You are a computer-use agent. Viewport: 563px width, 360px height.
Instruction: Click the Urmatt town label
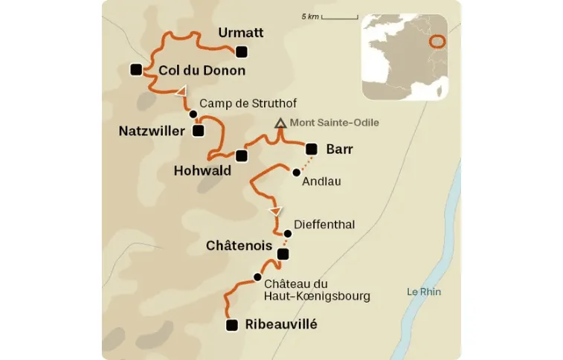coord(241,33)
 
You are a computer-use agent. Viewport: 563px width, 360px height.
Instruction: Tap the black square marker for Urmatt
coord(241,51)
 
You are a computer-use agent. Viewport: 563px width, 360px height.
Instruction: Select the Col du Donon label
coord(202,71)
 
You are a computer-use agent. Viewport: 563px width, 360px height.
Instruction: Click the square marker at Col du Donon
coord(136,69)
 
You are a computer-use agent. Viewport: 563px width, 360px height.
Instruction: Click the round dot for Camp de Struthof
coord(193,114)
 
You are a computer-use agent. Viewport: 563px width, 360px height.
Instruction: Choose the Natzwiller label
coord(151,131)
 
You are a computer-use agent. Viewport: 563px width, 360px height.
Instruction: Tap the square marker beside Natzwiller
coord(198,131)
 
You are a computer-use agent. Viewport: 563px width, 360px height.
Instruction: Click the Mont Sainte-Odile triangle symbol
coord(280,123)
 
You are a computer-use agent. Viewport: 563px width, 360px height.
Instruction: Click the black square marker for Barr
coord(312,149)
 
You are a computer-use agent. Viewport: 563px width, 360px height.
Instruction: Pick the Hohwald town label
coord(202,170)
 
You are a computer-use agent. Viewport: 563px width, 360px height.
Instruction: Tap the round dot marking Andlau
coord(296,173)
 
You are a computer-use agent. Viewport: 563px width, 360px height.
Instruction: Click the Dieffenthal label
coord(324,224)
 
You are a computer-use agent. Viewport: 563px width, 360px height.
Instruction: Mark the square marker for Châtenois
coord(282,254)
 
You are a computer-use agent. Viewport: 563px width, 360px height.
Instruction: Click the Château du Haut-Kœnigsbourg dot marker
coord(257,277)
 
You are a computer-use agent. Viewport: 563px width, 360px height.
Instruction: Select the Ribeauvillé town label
coord(281,324)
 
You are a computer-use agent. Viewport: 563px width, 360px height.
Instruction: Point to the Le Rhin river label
coord(424,292)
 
